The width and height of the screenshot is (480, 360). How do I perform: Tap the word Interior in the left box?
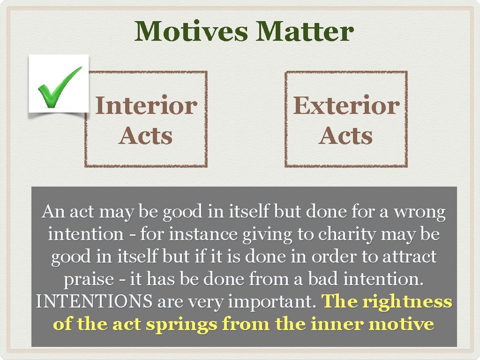point(146,106)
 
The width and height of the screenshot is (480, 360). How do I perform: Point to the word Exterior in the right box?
point(346,106)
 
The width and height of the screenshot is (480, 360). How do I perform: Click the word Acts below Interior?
point(146,136)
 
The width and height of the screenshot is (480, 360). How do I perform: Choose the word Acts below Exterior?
point(346,136)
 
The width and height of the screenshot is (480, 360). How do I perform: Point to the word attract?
point(406,257)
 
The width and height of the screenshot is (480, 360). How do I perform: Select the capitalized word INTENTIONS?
point(94,302)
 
